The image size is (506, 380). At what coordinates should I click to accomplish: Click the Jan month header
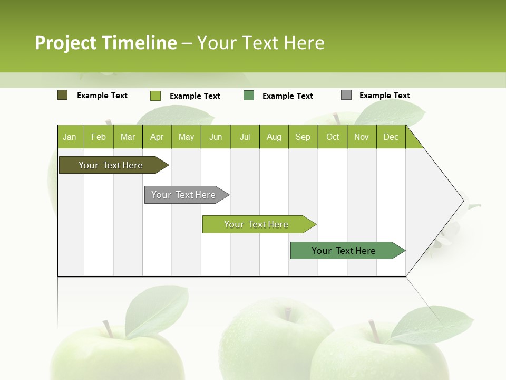click(70, 137)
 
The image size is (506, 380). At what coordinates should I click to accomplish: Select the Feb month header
click(99, 137)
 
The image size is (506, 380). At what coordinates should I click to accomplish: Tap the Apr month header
click(157, 137)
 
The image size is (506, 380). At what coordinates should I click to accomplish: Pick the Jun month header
click(216, 137)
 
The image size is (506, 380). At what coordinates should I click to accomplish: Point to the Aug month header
click(274, 137)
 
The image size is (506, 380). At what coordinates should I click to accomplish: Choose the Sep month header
click(303, 137)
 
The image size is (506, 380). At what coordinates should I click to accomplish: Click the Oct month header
click(333, 137)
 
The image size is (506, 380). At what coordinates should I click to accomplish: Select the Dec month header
click(391, 137)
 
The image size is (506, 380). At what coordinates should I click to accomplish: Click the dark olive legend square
click(63, 95)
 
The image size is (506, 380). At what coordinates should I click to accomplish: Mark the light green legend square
click(155, 96)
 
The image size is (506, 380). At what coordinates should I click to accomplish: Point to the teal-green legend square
click(249, 96)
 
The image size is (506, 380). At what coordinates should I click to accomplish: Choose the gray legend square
click(346, 95)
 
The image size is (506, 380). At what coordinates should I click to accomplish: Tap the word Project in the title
click(66, 43)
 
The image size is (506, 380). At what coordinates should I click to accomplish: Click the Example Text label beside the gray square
click(384, 96)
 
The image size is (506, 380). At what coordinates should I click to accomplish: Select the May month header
click(186, 137)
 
